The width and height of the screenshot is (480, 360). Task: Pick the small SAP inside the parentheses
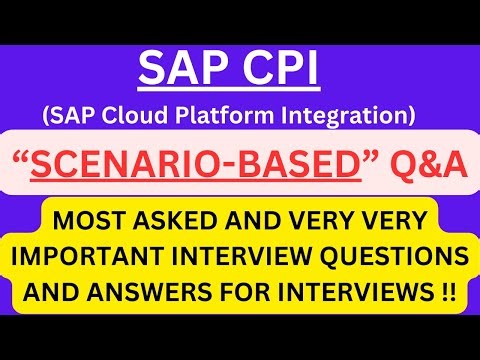pos(77,116)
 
